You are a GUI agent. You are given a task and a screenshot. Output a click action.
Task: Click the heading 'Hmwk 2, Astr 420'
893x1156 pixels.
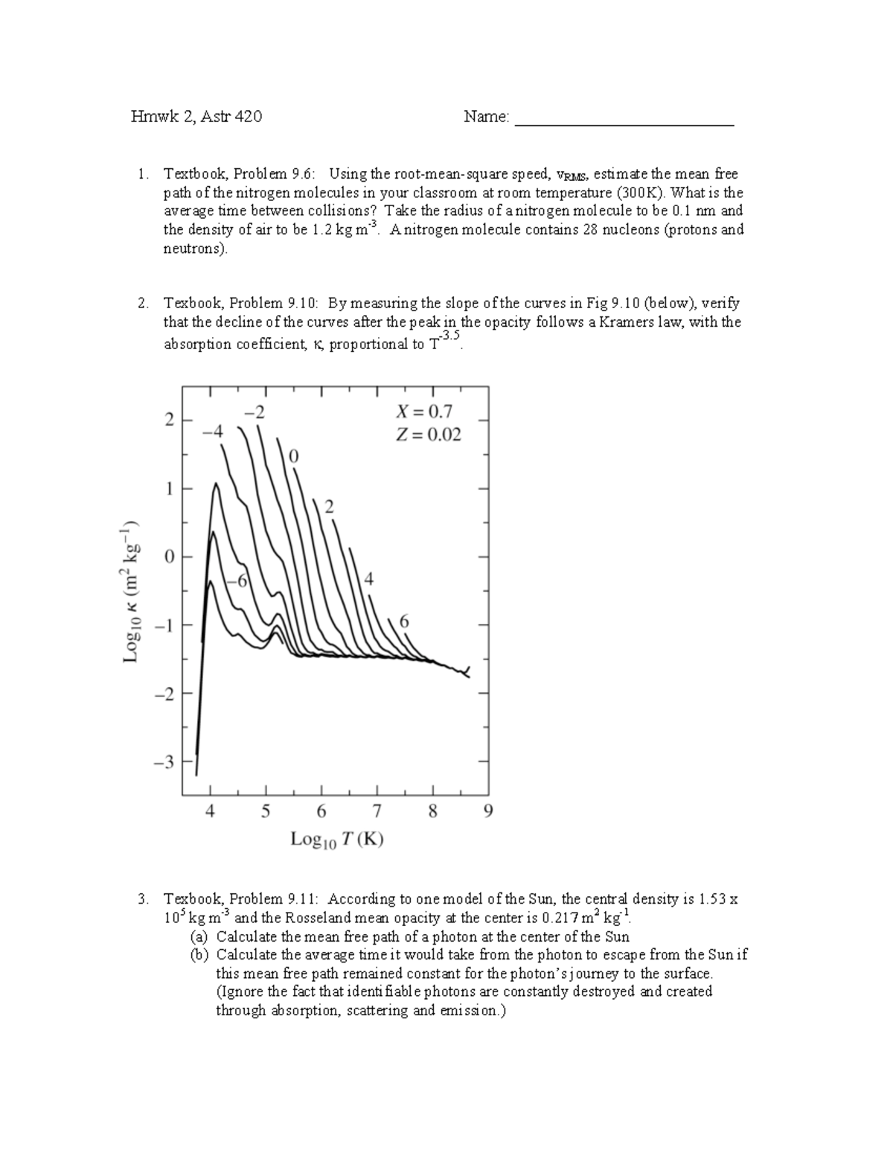[x=196, y=117]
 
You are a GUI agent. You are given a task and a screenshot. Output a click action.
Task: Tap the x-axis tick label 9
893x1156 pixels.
[x=487, y=811]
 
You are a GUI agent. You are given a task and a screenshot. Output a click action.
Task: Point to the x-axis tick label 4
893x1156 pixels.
[x=211, y=811]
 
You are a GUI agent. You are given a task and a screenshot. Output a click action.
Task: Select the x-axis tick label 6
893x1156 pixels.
[x=321, y=811]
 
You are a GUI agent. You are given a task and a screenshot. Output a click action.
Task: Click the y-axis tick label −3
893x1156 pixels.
[x=164, y=762]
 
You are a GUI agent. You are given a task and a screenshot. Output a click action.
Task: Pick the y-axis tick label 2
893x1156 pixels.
[x=169, y=421]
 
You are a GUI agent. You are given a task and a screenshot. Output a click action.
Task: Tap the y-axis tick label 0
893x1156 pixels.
[x=169, y=557]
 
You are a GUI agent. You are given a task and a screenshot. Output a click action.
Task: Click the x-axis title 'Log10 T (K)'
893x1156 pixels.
[x=336, y=840]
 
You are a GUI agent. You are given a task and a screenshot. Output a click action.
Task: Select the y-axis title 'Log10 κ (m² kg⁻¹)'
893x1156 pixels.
[x=132, y=589]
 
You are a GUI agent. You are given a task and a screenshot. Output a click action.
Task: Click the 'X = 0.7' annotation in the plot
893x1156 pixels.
[x=424, y=412]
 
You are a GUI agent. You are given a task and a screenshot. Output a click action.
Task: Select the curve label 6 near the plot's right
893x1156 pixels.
[x=404, y=621]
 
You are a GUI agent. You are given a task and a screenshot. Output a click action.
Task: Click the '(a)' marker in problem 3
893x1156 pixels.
[x=199, y=937]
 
